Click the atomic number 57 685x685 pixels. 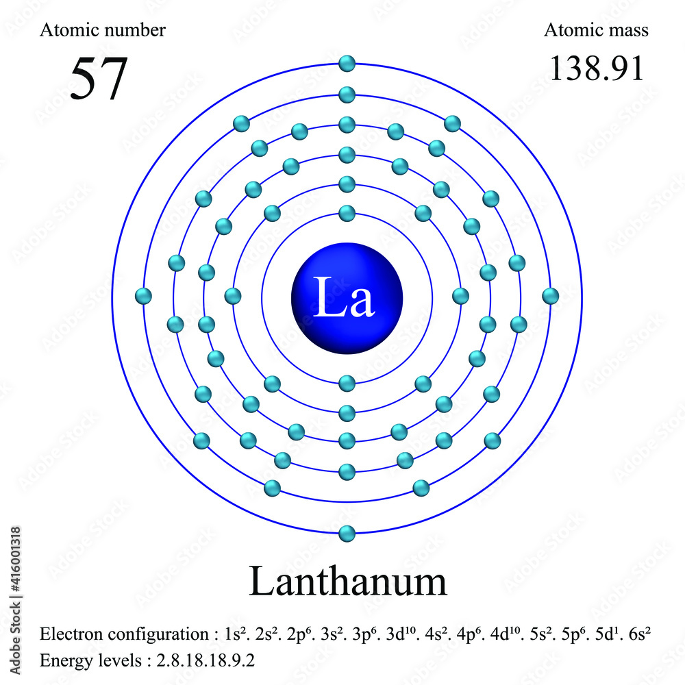pos(99,78)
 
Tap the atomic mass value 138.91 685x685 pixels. pos(597,68)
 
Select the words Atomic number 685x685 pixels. pos(103,30)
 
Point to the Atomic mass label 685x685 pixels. pos(596,30)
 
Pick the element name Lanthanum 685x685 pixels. pos(347,582)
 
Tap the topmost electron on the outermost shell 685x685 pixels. pos(347,64)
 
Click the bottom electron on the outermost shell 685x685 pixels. pos(347,532)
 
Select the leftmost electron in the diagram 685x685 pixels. pos(143,296)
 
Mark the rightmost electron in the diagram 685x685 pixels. pos(550,296)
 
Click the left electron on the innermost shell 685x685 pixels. pos(233,296)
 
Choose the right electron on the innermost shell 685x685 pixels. pos(461,296)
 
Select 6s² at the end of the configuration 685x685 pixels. pos(636,634)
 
